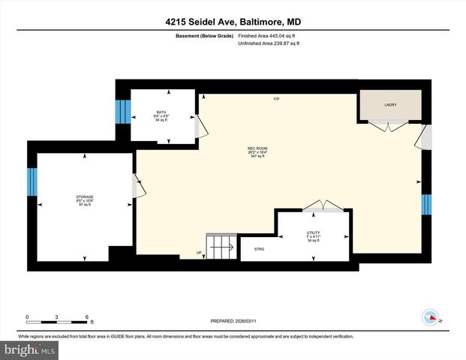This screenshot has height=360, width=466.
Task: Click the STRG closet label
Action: pos(259,248)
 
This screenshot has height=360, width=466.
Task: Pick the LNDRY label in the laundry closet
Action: pos(389,105)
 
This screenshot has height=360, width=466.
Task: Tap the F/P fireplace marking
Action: pos(276,100)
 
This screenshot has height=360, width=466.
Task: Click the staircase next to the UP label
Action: pos(222,245)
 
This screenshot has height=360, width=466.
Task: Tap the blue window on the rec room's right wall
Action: pos(426,204)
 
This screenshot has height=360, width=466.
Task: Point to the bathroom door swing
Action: pos(199,127)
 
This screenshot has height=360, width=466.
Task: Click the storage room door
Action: pos(137,187)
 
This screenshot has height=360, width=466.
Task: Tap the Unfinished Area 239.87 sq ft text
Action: pos(269,43)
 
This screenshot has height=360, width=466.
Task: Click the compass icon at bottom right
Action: pos(430,317)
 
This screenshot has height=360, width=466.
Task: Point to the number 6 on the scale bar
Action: pos(87,316)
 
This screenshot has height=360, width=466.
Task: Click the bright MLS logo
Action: pos(29,349)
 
